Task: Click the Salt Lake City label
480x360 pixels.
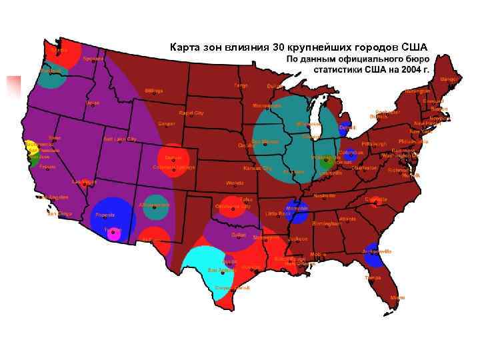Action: click(120, 139)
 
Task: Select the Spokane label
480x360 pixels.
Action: click(93, 59)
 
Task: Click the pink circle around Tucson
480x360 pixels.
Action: click(114, 233)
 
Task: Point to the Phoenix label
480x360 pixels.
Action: click(105, 215)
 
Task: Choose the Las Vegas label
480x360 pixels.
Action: click(85, 181)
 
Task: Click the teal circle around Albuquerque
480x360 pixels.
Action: click(155, 207)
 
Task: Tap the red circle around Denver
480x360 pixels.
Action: click(173, 160)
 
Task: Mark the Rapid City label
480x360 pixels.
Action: click(191, 113)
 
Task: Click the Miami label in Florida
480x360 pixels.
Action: click(397, 297)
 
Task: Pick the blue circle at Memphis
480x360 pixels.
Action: click(296, 211)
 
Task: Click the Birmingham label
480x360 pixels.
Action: click(325, 223)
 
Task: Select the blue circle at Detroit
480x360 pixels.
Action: click(344, 128)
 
